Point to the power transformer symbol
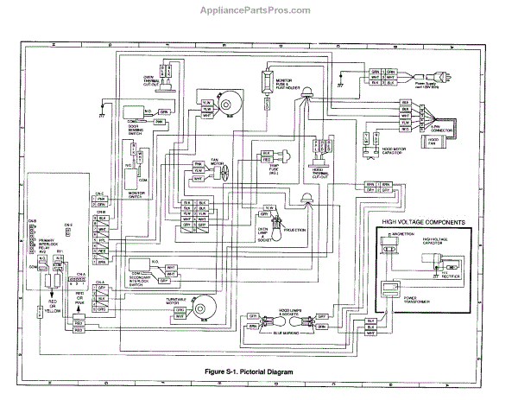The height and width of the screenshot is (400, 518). [x=393, y=296]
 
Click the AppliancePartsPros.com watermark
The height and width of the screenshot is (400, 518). [x=258, y=11]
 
